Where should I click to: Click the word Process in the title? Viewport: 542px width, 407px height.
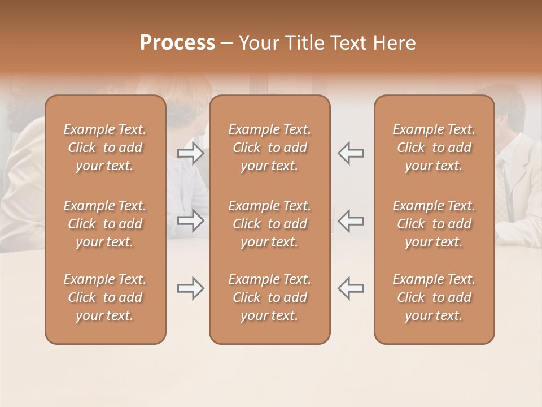click(177, 43)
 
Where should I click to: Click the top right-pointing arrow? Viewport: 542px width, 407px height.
click(190, 153)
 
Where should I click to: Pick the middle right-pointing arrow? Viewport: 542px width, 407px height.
click(190, 221)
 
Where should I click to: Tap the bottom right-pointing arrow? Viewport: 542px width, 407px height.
click(190, 288)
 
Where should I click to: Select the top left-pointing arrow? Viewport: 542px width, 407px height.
click(351, 153)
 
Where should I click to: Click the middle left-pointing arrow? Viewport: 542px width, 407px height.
click(351, 221)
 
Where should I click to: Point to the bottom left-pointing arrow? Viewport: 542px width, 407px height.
click(351, 288)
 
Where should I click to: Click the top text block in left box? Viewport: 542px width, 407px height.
click(105, 148)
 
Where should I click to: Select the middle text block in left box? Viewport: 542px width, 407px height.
click(105, 224)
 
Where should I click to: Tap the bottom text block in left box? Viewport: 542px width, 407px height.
click(105, 297)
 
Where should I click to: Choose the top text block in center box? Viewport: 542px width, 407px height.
click(270, 148)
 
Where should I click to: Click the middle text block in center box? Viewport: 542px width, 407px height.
click(270, 224)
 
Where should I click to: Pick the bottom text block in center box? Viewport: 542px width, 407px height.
click(270, 297)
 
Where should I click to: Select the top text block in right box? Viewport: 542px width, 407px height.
click(434, 148)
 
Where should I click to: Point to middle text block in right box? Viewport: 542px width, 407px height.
click(434, 224)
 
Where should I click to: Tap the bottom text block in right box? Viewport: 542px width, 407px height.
click(434, 297)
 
